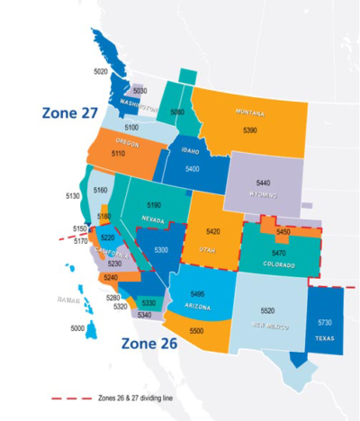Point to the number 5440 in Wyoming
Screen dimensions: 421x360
pos(263,183)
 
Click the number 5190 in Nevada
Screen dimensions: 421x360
pos(154,205)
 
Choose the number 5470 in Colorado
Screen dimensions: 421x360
pos(279,254)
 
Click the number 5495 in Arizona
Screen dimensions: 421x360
pos(198,293)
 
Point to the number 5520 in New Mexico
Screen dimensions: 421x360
pos(267,309)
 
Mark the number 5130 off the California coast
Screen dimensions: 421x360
pos(74,195)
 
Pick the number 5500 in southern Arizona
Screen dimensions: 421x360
pos(197,331)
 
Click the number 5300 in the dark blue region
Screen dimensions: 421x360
pos(161,249)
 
